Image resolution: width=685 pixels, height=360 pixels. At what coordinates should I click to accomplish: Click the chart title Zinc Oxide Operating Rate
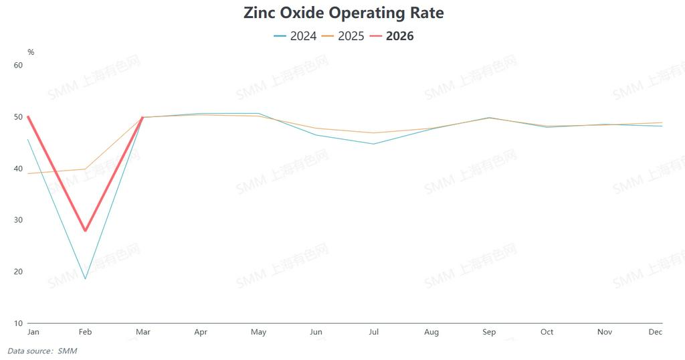(x=343, y=12)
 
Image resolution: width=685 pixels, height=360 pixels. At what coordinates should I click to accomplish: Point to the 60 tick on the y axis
(x=19, y=65)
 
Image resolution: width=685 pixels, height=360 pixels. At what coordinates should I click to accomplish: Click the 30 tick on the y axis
(x=19, y=220)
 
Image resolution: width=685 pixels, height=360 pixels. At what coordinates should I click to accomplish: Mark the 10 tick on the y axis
(x=19, y=323)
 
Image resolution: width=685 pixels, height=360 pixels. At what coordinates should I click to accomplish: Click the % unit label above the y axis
(x=31, y=52)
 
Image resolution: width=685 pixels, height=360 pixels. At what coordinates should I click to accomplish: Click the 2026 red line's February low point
(x=86, y=231)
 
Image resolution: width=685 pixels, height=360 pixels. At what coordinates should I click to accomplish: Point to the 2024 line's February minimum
(x=86, y=278)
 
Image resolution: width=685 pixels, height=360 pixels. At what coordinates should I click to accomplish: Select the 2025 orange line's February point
(x=86, y=169)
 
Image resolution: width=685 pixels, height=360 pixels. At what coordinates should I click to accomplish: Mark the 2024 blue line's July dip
(x=374, y=144)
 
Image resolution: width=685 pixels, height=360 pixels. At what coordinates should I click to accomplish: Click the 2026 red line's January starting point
(x=28, y=116)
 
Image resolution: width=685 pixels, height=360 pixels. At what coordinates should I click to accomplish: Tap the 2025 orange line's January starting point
(x=28, y=173)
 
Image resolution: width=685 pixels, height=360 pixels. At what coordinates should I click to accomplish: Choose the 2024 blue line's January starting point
(x=28, y=139)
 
